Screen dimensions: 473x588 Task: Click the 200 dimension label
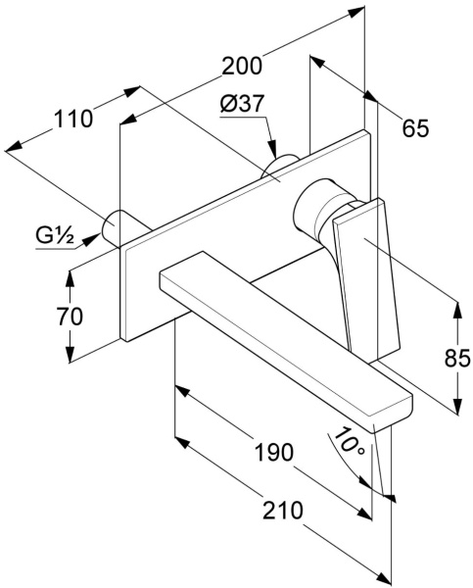click(x=242, y=66)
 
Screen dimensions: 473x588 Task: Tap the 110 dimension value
click(x=73, y=119)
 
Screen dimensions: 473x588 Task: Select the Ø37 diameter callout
click(x=243, y=103)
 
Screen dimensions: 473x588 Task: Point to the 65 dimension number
click(x=415, y=127)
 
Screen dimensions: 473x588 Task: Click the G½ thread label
click(x=55, y=235)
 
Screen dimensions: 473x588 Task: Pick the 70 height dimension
click(x=70, y=316)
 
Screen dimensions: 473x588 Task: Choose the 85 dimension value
click(x=457, y=358)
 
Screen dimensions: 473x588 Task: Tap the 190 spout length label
click(x=274, y=452)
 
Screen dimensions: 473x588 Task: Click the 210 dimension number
click(x=282, y=510)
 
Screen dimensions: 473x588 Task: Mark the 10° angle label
click(x=349, y=441)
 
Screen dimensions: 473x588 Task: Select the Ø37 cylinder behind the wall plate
click(x=279, y=165)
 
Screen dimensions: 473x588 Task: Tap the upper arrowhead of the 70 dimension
click(x=70, y=278)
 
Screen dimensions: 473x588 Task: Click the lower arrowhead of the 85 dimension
click(x=457, y=406)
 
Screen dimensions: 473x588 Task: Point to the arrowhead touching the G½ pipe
click(x=91, y=240)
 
